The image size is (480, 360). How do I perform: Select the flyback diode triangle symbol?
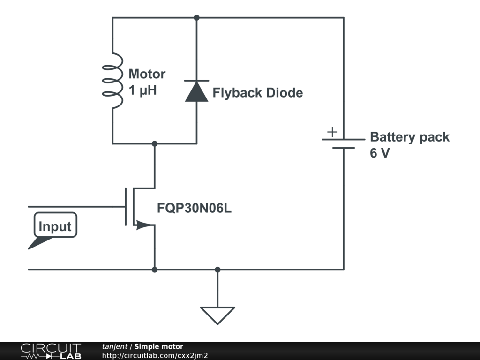(x=196, y=91)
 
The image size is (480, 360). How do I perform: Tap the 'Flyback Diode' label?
(x=258, y=93)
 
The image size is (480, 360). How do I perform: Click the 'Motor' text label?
(x=147, y=74)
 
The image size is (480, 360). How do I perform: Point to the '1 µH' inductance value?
(x=142, y=90)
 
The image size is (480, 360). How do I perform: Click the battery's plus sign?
(x=332, y=132)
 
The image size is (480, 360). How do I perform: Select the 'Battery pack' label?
(x=410, y=137)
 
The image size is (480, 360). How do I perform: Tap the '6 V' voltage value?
(x=380, y=153)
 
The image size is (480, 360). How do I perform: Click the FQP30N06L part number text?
(x=194, y=208)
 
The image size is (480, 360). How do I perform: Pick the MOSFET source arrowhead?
(x=143, y=225)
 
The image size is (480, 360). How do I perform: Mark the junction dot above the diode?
(x=196, y=18)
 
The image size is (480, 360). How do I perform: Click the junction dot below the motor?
(x=155, y=143)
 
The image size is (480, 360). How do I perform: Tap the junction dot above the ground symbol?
(x=217, y=270)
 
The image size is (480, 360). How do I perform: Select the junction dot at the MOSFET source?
(x=155, y=270)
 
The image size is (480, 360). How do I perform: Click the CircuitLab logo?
(x=51, y=351)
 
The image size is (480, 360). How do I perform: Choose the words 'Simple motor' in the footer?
(x=158, y=346)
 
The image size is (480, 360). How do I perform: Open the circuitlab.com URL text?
(x=155, y=355)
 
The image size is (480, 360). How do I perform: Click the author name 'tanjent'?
(x=114, y=346)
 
